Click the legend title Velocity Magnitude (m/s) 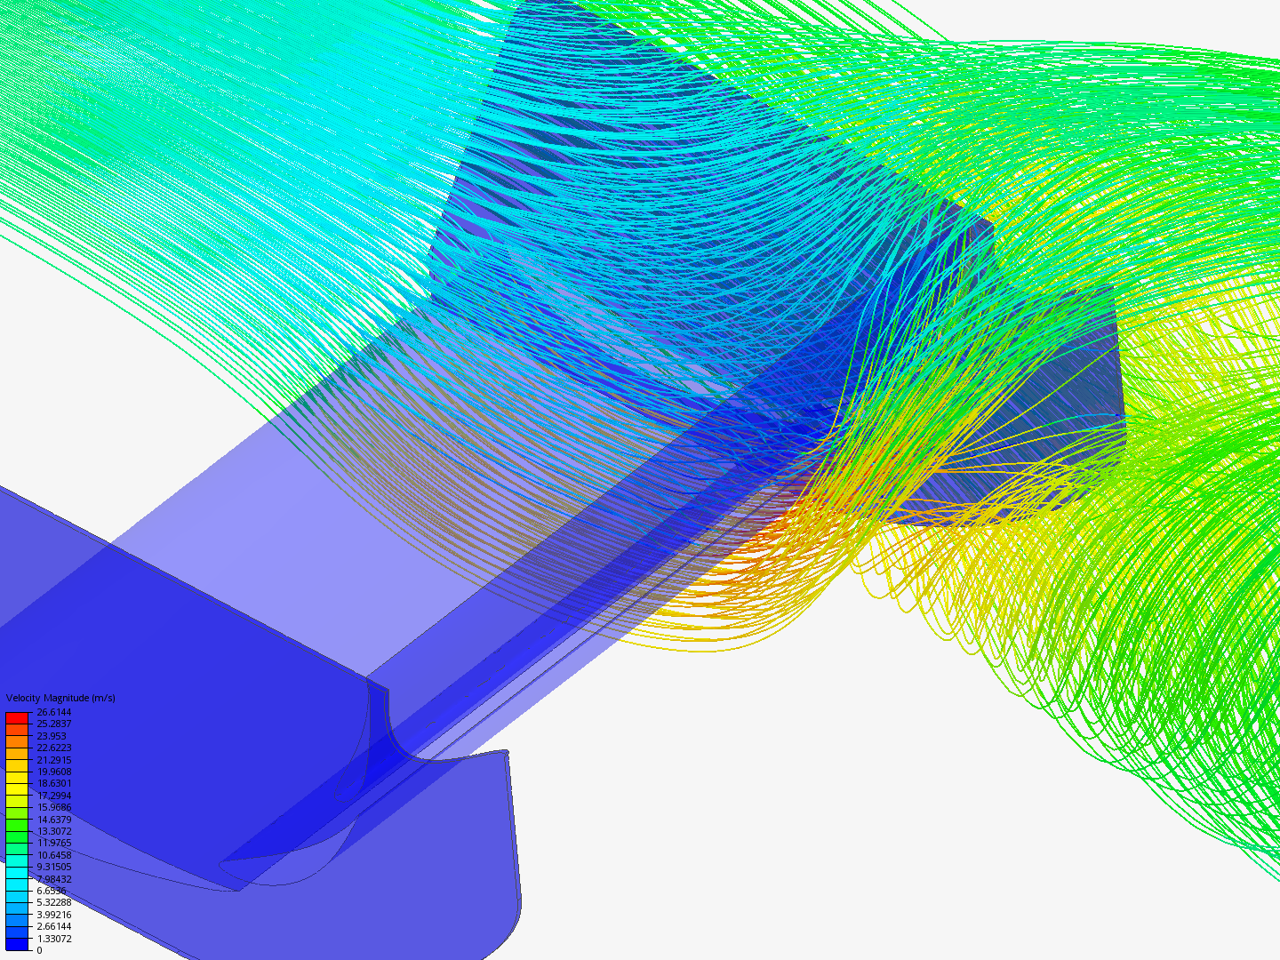pos(60,698)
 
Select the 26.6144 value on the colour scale pos(53,712)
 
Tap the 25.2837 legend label pos(53,724)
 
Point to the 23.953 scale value pos(52,736)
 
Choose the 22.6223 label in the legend pos(53,748)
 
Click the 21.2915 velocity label pos(53,759)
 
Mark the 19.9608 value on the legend pos(53,772)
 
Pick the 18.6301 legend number pos(53,783)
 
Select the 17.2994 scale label pos(53,795)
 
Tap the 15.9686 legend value pos(53,807)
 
